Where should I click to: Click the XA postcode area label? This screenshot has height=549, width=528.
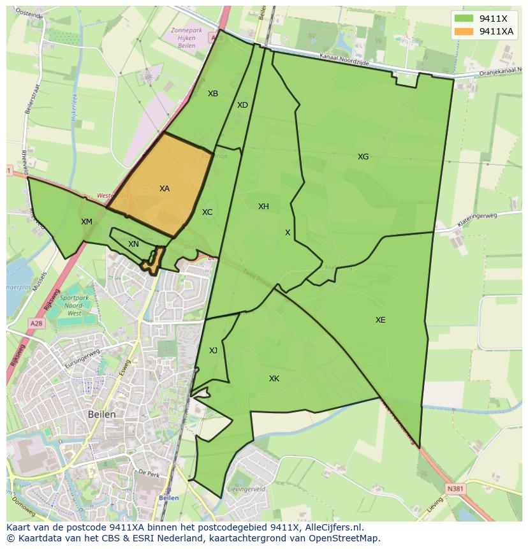click(x=165, y=189)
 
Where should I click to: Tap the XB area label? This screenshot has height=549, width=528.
click(x=213, y=94)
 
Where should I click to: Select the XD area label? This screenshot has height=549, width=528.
click(x=242, y=105)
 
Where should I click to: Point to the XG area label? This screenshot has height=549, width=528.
click(x=363, y=157)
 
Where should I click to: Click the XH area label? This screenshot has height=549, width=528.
click(x=263, y=207)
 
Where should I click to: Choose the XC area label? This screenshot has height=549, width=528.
click(x=207, y=212)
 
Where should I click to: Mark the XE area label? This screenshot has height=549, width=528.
click(x=380, y=320)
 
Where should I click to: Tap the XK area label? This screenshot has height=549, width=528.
click(x=274, y=379)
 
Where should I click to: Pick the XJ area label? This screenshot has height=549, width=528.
click(x=213, y=351)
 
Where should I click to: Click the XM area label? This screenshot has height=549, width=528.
click(x=87, y=222)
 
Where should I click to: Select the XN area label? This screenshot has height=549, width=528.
click(x=133, y=244)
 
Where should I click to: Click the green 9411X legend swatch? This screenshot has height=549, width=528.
click(x=464, y=18)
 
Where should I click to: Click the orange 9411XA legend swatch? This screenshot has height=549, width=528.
click(x=464, y=31)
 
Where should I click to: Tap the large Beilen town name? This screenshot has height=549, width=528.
click(x=102, y=414)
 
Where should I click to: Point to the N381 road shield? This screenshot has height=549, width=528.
click(x=455, y=489)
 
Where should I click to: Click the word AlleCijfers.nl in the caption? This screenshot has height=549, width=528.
click(x=325, y=527)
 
